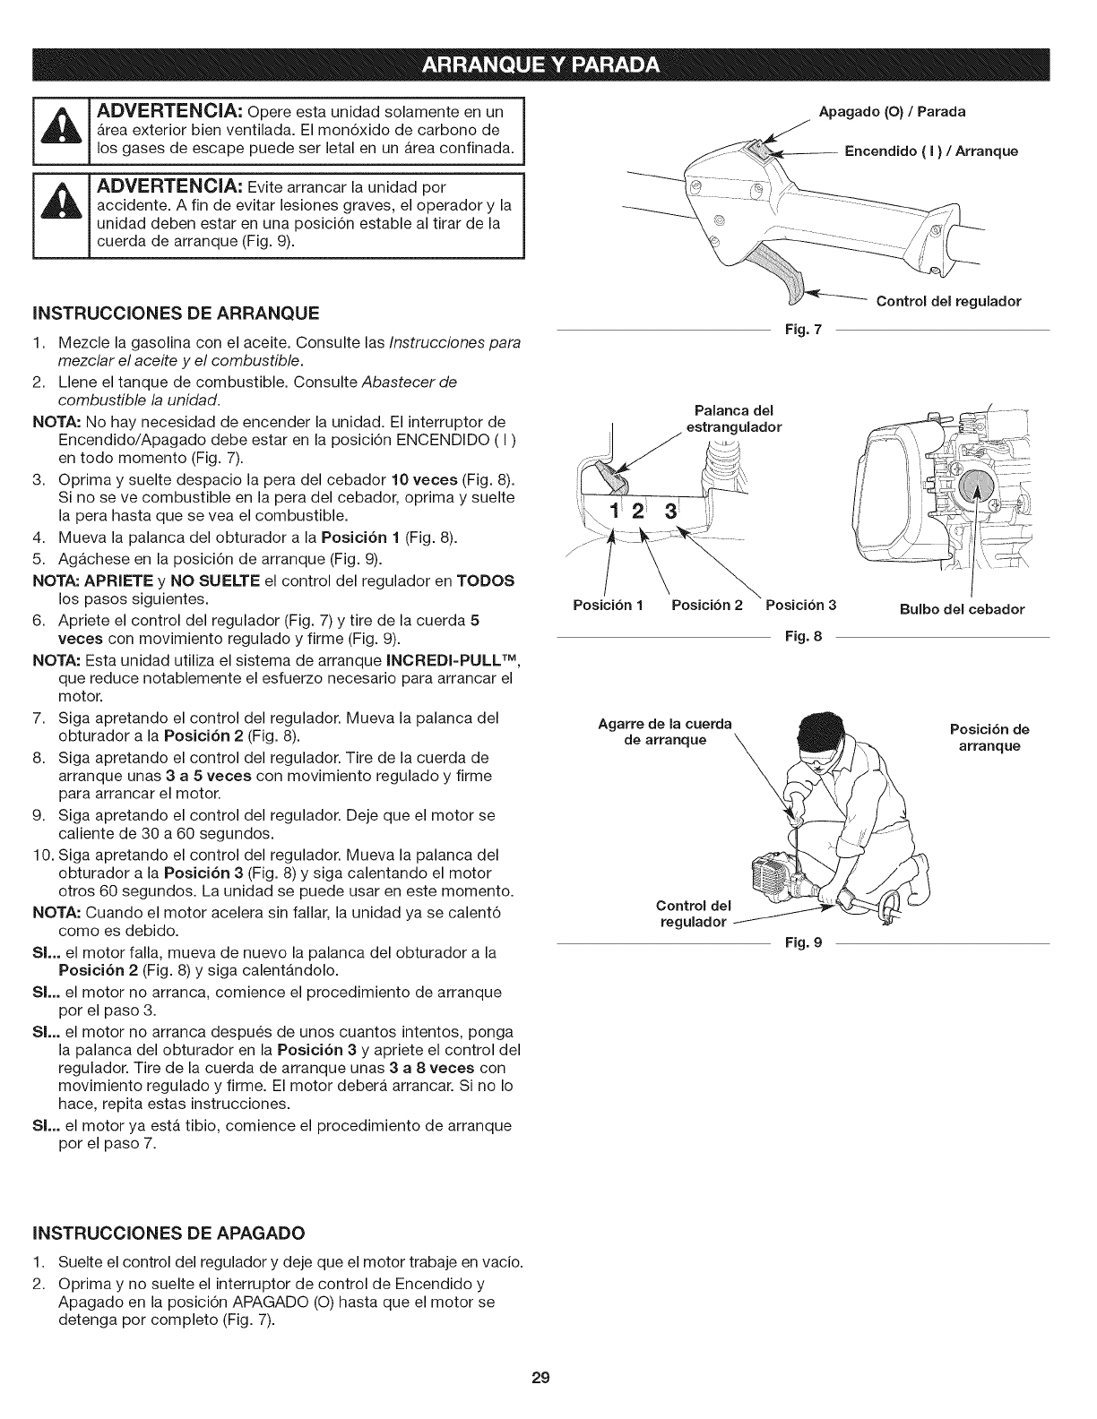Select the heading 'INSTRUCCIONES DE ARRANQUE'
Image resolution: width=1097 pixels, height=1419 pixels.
pyautogui.click(x=176, y=314)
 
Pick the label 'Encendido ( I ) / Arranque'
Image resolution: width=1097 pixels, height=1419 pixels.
pyautogui.click(x=932, y=150)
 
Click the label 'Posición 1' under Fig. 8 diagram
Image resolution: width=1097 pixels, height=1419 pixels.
pyautogui.click(x=608, y=605)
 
